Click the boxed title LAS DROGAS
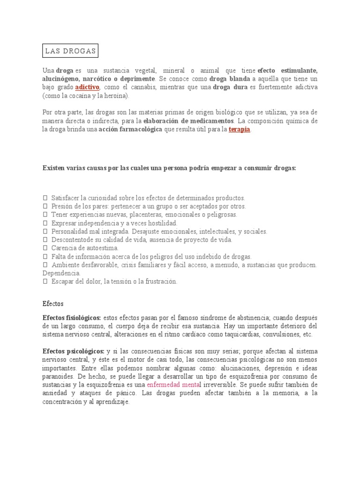[x=70, y=51]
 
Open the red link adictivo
[x=87, y=87]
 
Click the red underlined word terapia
[x=240, y=129]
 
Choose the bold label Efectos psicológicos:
[x=73, y=351]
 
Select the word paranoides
[x=58, y=376]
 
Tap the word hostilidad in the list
[x=160, y=223]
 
